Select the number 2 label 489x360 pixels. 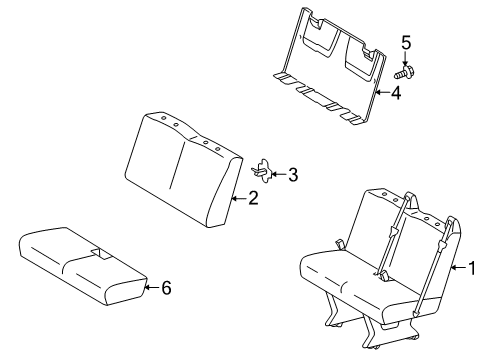[x=253, y=199]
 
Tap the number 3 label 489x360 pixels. [x=292, y=175]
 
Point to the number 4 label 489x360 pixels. [x=396, y=95]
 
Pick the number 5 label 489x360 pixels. [x=406, y=42]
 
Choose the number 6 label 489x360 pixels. [x=166, y=288]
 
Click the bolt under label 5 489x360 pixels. [x=406, y=72]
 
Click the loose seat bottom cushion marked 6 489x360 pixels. [x=80, y=265]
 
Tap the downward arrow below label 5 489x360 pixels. [x=406, y=58]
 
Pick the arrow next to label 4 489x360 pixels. [x=382, y=95]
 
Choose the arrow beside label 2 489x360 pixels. [x=238, y=199]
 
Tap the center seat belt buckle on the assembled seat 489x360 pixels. [x=382, y=272]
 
